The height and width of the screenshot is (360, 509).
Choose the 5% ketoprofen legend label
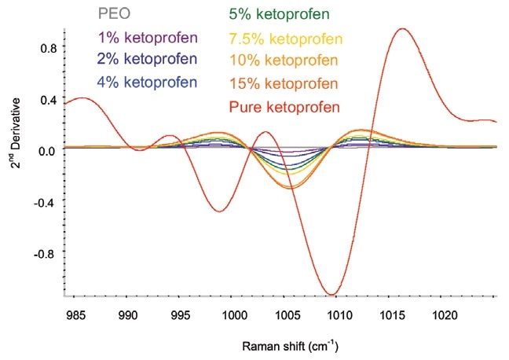pyautogui.click(x=277, y=14)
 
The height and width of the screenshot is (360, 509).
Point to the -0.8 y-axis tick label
pyautogui.click(x=44, y=255)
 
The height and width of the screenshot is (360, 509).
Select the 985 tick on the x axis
pyautogui.click(x=76, y=315)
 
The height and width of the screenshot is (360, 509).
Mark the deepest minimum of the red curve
pyautogui.click(x=332, y=295)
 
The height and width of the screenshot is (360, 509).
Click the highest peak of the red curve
pyautogui.click(x=403, y=29)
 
